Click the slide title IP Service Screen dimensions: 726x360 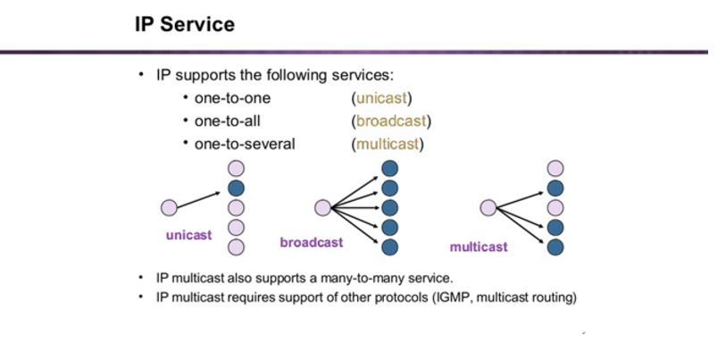[x=185, y=24]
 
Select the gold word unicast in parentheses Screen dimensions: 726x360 [x=381, y=98]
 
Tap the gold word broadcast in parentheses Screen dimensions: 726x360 [x=391, y=121]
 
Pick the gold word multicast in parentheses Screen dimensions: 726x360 [x=387, y=144]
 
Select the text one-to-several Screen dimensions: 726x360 [x=245, y=144]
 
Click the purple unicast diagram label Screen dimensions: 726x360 [x=189, y=235]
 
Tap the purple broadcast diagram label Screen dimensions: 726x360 [x=312, y=242]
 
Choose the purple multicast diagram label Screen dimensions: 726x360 [x=479, y=247]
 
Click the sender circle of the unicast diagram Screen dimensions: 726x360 [x=169, y=207]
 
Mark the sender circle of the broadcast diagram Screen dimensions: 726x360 [x=322, y=207]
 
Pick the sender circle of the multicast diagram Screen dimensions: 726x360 [x=488, y=207]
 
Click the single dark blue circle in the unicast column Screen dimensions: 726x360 [x=236, y=188]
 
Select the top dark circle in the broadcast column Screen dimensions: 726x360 [x=390, y=168]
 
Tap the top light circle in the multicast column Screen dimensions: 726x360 [x=555, y=168]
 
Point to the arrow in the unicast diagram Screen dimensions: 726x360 [x=198, y=200]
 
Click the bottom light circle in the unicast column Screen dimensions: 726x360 [x=236, y=247]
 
